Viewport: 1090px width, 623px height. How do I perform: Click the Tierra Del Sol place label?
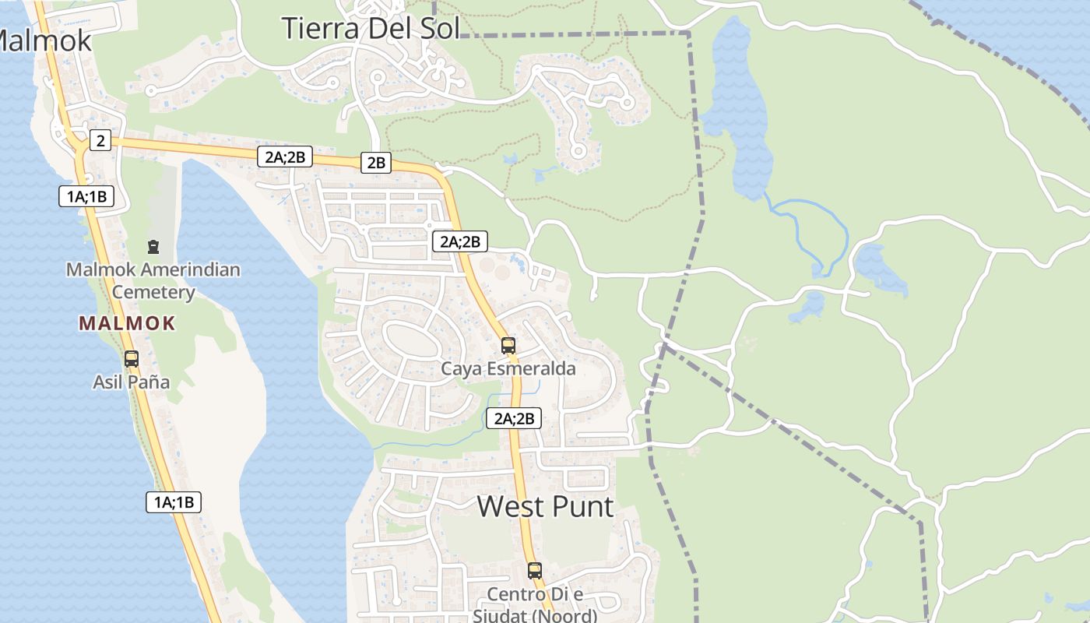point(371,28)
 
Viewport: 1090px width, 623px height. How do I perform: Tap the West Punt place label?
point(545,506)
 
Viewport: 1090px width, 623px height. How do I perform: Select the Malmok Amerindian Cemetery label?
point(153,280)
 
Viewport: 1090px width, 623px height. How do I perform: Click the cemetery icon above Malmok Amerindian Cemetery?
point(153,247)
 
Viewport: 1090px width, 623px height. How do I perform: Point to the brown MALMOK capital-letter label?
point(127,323)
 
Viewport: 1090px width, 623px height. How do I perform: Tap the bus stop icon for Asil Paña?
point(132,359)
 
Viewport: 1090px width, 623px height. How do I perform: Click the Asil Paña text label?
point(132,382)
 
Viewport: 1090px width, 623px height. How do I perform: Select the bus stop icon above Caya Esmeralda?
point(508,345)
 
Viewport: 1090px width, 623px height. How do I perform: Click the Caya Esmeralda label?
point(508,368)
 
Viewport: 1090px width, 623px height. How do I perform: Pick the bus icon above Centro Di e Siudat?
point(535,571)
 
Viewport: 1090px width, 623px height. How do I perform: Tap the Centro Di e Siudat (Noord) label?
point(535,604)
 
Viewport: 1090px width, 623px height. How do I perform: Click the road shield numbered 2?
point(100,141)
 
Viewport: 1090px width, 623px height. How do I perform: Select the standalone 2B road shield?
point(376,163)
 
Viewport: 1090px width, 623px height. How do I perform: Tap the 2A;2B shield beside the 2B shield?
point(285,157)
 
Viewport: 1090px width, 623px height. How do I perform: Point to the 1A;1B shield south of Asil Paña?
point(174,502)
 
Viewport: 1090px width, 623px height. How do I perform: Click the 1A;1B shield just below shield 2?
point(86,196)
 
